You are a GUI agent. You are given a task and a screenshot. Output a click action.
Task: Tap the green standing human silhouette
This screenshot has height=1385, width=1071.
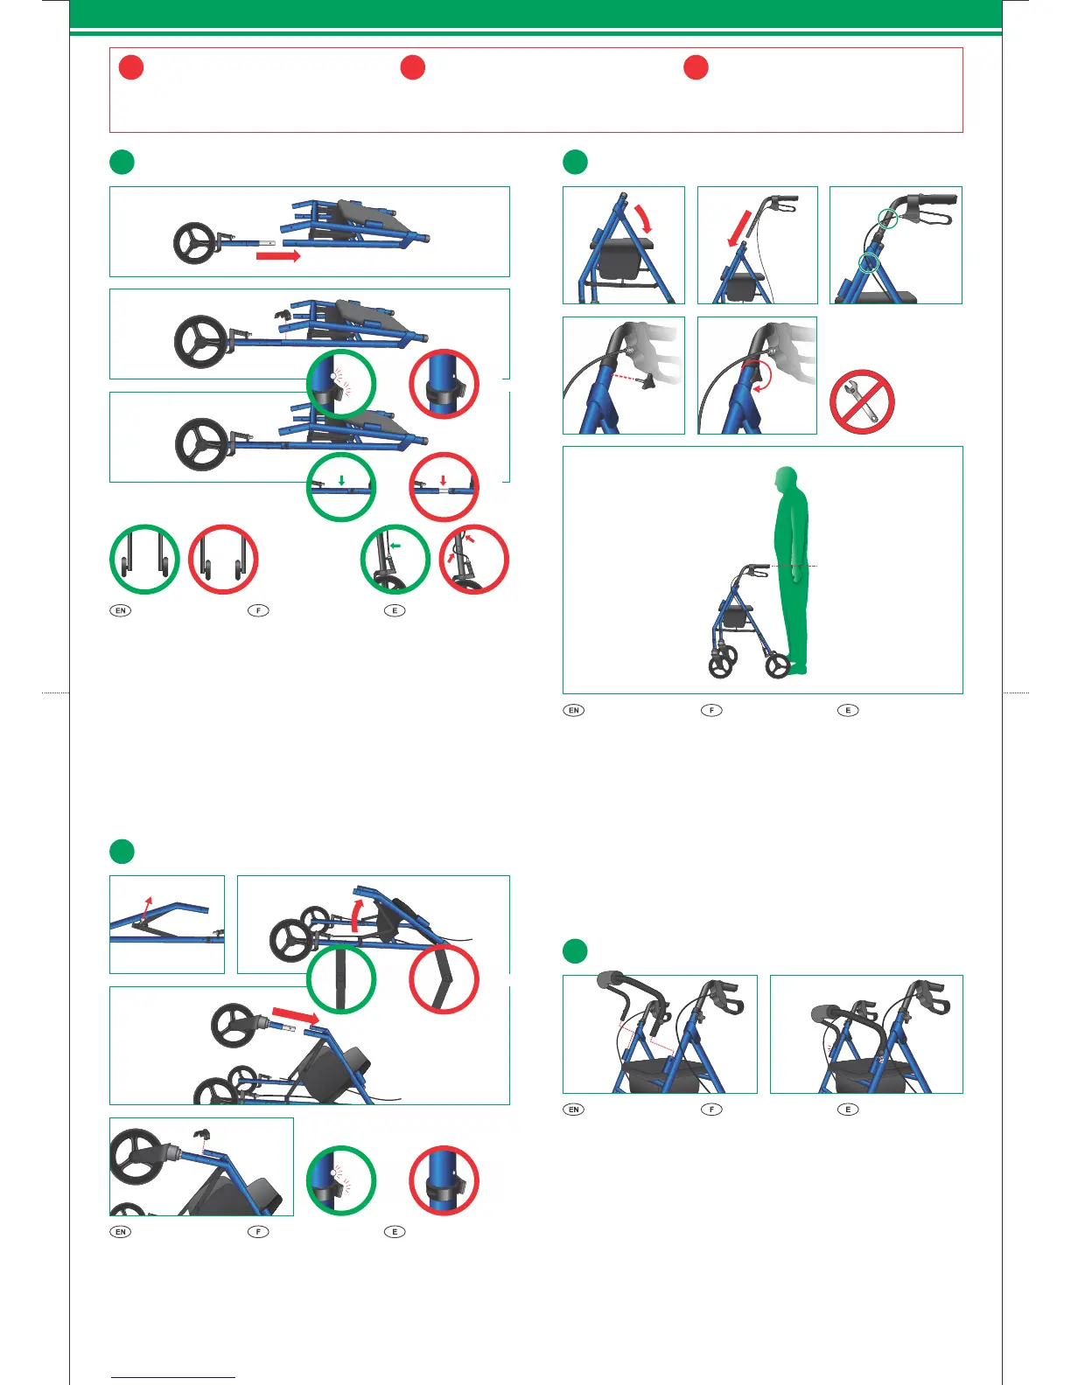click(x=791, y=568)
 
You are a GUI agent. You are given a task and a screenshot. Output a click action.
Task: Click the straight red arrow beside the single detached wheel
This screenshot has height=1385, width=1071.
click(x=278, y=256)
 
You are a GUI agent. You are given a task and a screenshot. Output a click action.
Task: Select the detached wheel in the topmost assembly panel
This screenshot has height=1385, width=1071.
click(x=192, y=242)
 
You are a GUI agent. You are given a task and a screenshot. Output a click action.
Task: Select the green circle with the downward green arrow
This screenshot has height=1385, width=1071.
click(x=341, y=486)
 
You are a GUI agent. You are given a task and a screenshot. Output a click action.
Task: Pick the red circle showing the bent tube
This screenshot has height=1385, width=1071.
click(x=444, y=978)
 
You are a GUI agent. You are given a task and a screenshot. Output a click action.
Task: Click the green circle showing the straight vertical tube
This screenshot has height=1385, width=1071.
click(x=341, y=978)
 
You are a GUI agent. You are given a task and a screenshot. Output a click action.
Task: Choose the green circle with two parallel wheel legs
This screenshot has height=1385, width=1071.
click(x=144, y=560)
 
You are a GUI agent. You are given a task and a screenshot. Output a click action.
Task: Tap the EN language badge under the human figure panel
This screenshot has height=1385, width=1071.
click(x=574, y=710)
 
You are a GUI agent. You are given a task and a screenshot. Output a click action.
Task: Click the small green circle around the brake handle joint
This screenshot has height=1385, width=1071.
click(x=887, y=219)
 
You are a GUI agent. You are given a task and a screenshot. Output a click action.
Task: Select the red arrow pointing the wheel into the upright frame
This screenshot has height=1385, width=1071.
click(x=295, y=1016)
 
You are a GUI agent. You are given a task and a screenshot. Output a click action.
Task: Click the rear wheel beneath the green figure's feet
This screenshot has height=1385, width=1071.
click(x=778, y=666)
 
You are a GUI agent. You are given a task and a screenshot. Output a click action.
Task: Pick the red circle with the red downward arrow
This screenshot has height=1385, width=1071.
click(x=444, y=486)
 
